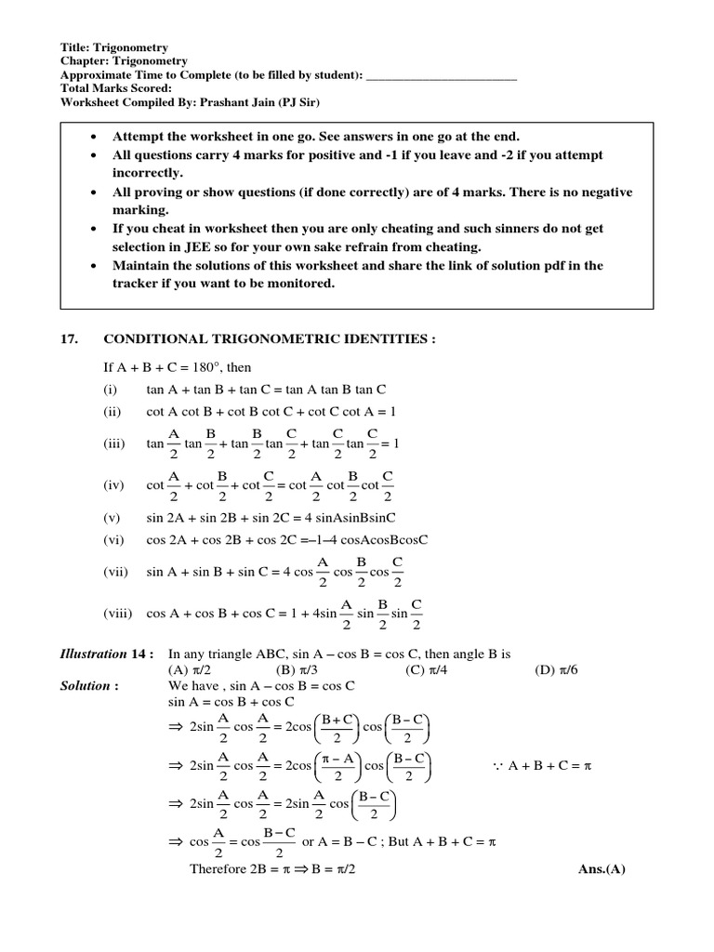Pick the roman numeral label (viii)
tap(118, 614)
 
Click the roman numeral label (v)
tap(112, 517)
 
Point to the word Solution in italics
tap(86, 685)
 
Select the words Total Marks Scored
tap(115, 89)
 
